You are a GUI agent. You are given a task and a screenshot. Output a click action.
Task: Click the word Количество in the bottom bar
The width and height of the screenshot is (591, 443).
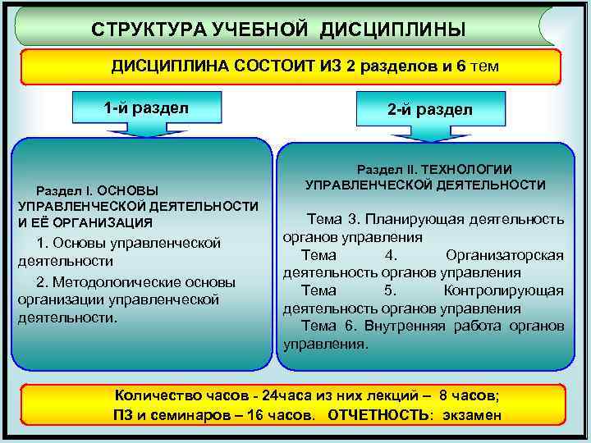click(157, 395)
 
